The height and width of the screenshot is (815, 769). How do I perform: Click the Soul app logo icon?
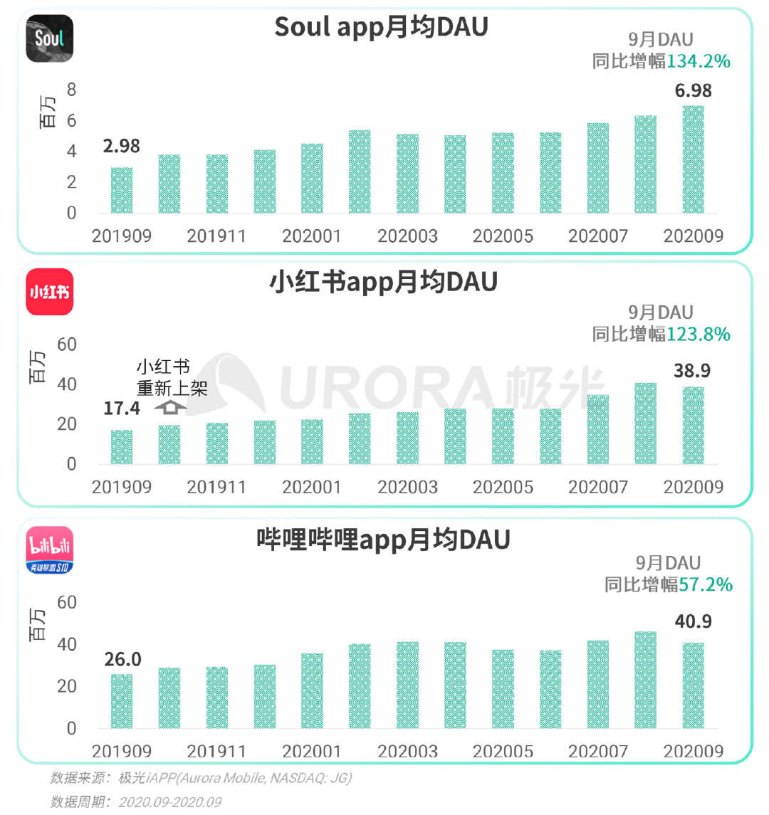(49, 38)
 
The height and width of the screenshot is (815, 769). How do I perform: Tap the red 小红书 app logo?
(49, 291)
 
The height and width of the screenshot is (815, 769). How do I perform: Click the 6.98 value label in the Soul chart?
(693, 91)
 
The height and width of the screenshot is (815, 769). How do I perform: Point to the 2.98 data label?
(121, 147)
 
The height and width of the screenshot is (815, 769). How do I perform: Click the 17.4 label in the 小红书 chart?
(121, 409)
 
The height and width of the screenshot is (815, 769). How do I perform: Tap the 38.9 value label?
(692, 371)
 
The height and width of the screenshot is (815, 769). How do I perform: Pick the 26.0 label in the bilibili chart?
(122, 660)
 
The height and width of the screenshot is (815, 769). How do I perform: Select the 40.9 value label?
(693, 622)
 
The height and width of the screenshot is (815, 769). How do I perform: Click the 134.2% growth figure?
(699, 61)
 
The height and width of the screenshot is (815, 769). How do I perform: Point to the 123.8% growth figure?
(699, 334)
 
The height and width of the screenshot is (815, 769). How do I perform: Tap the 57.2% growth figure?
(705, 584)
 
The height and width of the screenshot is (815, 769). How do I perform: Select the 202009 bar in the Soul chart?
(693, 159)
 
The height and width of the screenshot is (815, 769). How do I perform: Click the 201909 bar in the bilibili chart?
(122, 701)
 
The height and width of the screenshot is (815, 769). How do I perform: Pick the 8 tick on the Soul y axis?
(71, 90)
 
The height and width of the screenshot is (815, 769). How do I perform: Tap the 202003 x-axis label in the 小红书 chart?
(407, 488)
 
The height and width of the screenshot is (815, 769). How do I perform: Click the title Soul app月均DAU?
(382, 27)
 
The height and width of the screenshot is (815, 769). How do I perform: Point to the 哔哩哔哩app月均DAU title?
(383, 540)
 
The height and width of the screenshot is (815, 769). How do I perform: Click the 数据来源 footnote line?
(201, 778)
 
